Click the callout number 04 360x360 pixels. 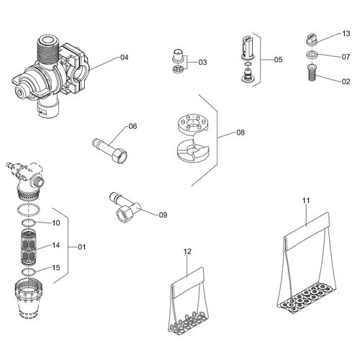(125, 58)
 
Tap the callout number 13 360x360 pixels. (346, 33)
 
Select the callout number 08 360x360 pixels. (240, 132)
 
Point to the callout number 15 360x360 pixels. (56, 268)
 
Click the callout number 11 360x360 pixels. (306, 200)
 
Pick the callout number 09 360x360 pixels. (163, 215)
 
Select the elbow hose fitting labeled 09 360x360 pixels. (125, 207)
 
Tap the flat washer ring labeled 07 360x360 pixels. (312, 55)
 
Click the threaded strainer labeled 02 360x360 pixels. (312, 73)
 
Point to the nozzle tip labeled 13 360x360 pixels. (312, 39)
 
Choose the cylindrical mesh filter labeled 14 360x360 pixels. (29, 247)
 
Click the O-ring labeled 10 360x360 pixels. (29, 222)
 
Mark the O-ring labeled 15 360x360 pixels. (29, 272)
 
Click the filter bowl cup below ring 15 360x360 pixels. (29, 298)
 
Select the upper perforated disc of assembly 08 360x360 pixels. (193, 124)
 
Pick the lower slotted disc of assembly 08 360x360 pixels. (193, 150)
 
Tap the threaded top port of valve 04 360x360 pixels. (47, 49)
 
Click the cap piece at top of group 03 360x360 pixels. (178, 56)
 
